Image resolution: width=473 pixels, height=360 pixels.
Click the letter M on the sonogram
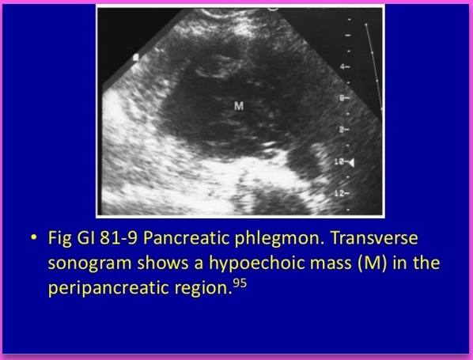tap(238, 104)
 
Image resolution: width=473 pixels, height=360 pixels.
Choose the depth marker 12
tap(341, 192)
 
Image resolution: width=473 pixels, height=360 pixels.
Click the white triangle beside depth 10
tap(352, 161)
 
